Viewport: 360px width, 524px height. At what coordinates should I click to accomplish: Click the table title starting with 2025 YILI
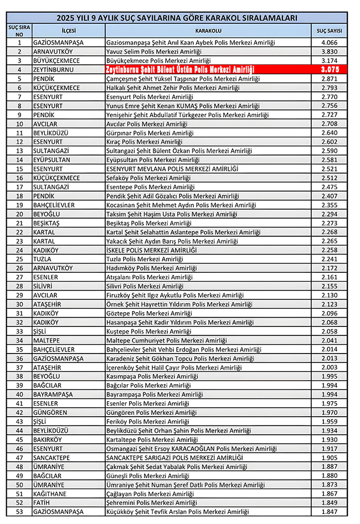[x=180, y=18]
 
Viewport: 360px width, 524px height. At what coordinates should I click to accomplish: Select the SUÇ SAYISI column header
[x=329, y=30]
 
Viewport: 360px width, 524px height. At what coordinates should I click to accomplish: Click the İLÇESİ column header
[x=68, y=30]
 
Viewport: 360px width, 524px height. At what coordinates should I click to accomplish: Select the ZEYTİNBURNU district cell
[x=54, y=70]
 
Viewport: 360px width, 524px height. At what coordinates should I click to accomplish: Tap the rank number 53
[x=20, y=512]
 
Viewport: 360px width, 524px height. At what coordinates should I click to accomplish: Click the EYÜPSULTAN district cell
[x=53, y=160]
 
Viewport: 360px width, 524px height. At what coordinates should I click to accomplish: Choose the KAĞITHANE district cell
[x=52, y=494]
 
